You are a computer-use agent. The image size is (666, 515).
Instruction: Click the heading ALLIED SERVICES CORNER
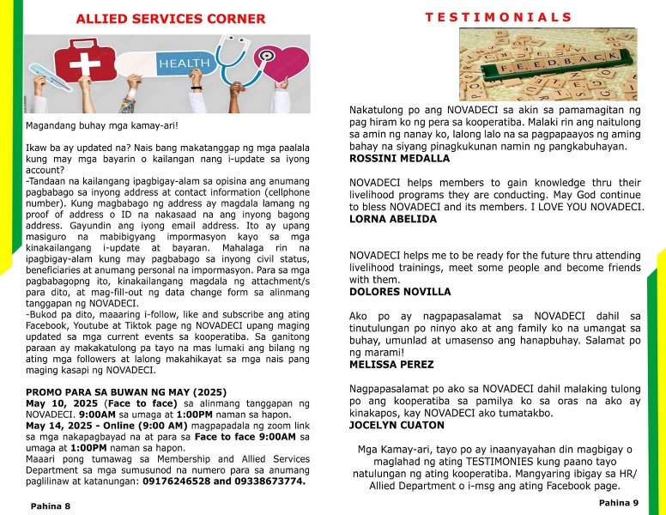coord(171,18)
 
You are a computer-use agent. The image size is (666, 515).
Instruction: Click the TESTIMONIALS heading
coord(498,17)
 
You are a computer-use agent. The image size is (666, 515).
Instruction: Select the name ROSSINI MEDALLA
coord(399,159)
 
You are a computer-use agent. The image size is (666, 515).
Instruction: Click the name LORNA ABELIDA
coord(393,219)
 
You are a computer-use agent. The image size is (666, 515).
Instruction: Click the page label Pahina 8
coord(51,506)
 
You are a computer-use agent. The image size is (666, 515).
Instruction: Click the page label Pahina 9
coord(618,502)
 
